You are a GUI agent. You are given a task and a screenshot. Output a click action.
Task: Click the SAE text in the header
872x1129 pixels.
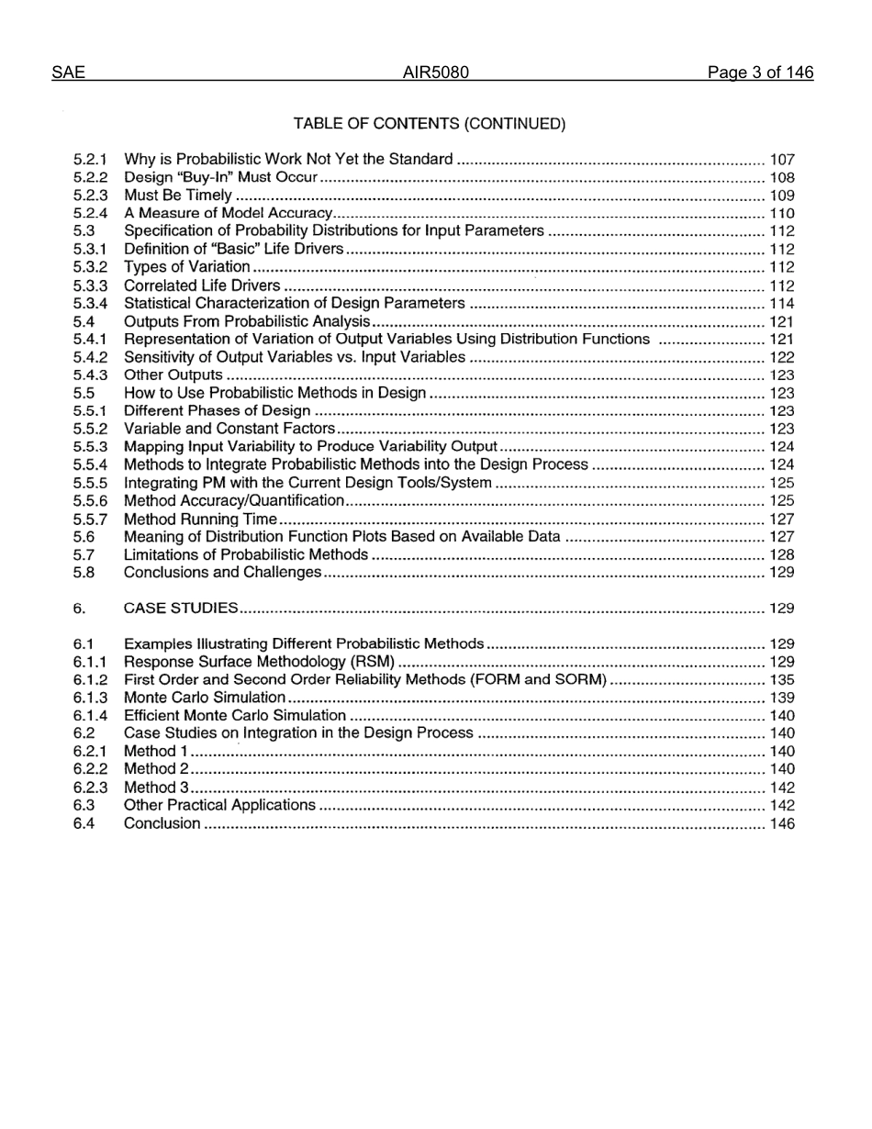69,73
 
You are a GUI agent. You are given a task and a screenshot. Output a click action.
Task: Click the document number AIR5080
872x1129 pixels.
436,73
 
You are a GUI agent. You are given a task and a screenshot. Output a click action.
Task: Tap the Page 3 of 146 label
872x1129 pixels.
760,73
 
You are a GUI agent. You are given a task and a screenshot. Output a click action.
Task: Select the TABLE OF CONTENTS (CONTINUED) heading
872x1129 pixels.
430,124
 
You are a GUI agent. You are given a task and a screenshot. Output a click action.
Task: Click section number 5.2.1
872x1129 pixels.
91,160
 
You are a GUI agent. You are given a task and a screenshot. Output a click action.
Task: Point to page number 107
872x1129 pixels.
782,160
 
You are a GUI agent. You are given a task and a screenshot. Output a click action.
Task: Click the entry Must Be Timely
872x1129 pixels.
178,196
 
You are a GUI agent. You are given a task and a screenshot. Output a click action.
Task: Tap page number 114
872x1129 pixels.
782,304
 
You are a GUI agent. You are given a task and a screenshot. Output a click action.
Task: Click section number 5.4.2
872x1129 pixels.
91,357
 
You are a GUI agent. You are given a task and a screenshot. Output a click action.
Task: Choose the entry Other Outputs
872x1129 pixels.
173,375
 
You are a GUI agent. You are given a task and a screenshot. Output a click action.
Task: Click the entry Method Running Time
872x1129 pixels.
200,519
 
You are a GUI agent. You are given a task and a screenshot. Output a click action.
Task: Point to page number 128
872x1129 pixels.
782,554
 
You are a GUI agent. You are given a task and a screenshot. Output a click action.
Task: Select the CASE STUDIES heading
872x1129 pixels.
181,609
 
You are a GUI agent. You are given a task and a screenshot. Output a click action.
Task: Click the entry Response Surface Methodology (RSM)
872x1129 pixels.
259,662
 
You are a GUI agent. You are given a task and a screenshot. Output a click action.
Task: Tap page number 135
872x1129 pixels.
782,680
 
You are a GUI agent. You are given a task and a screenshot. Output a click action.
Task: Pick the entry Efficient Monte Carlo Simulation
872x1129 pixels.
235,716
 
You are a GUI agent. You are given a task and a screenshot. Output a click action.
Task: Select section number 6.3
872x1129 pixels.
84,805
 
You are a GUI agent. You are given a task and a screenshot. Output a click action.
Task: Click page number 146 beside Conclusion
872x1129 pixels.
782,823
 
